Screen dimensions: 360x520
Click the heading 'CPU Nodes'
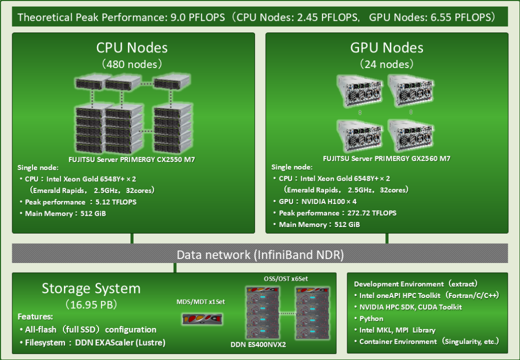point(132,48)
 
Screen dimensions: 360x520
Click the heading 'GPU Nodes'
point(386,48)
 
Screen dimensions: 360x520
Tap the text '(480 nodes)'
point(132,64)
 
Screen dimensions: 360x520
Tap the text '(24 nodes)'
point(386,64)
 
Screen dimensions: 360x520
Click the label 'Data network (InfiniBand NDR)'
point(260,254)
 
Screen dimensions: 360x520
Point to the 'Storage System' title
point(91,288)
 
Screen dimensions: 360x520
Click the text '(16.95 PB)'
point(91,305)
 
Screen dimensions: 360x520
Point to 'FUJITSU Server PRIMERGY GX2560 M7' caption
point(386,159)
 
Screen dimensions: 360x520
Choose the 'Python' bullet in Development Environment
point(371,318)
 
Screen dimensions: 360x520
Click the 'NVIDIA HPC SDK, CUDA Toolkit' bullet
point(410,307)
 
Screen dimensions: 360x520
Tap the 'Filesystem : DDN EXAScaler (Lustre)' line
point(95,342)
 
